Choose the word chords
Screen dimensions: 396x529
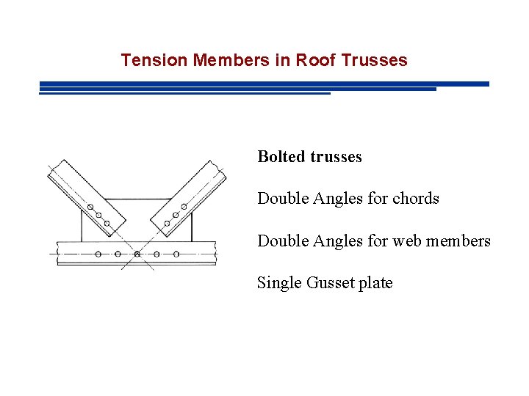point(416,199)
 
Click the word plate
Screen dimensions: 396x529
point(375,283)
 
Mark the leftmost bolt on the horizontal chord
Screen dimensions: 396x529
point(98,254)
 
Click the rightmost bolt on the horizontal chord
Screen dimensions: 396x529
point(176,254)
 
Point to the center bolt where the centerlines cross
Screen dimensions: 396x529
point(137,254)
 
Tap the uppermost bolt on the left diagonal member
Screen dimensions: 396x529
point(90,208)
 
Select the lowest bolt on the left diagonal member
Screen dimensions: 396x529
point(107,223)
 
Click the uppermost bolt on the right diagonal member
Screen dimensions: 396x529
point(184,206)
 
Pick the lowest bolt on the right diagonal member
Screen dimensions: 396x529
point(168,223)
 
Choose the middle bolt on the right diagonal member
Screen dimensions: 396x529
point(176,215)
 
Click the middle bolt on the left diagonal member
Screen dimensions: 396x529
point(98,216)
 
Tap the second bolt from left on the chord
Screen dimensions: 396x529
point(118,254)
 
